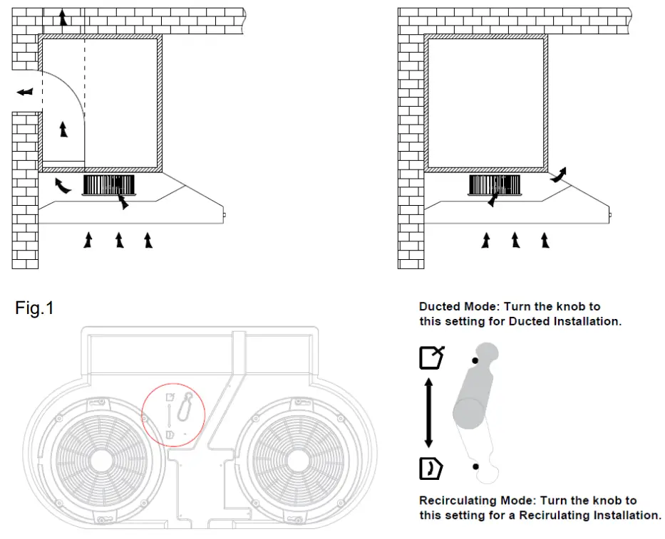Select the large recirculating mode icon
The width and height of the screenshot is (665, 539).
(x=431, y=469)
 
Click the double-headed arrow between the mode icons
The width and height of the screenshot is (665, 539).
(x=429, y=414)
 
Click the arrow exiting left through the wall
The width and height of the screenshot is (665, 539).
(x=24, y=92)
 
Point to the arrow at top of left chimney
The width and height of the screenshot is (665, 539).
(x=63, y=18)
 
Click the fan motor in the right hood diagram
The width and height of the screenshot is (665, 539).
(x=495, y=185)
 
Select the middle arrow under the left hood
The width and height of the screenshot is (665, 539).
(x=119, y=239)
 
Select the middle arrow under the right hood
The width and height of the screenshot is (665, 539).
(x=515, y=239)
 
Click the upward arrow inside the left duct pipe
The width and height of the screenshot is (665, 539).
(x=63, y=130)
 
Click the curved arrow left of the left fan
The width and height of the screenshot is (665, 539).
(x=63, y=187)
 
